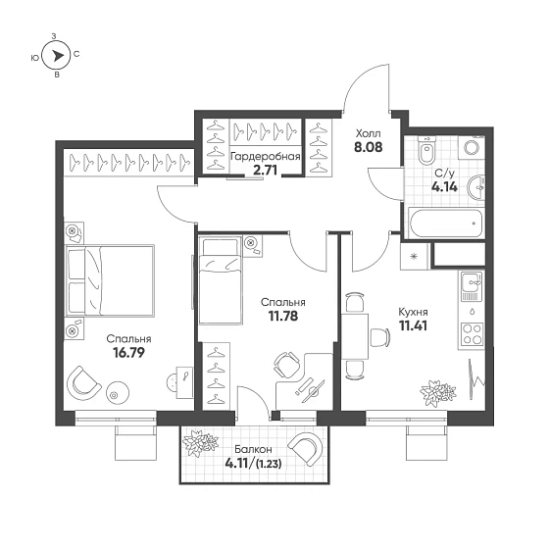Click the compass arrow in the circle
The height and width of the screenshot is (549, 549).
coord(58,55)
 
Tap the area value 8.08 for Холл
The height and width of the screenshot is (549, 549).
coord(369,147)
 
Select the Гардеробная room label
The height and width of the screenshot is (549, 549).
coord(266,157)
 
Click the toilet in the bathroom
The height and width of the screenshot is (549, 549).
coord(426,150)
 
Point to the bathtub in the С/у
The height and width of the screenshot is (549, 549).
coord(445,223)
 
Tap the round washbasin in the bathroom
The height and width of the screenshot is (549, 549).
coord(475,187)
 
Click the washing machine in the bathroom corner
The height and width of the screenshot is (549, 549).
coord(472,147)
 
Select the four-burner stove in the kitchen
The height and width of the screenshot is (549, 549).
coord(472,334)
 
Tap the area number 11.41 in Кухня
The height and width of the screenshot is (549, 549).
coord(413,325)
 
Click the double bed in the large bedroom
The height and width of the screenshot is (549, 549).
coord(110,280)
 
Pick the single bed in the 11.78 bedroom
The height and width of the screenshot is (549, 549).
coord(221,280)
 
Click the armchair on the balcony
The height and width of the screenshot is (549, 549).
coord(306,449)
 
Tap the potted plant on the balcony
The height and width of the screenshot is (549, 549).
coord(200,442)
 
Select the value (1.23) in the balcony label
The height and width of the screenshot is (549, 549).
coord(269,464)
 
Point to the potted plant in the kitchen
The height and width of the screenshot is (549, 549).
coord(438,393)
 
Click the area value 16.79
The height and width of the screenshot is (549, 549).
coord(128,353)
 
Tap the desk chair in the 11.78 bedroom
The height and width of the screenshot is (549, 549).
coord(286,365)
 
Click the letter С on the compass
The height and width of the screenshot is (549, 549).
coord(76,54)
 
